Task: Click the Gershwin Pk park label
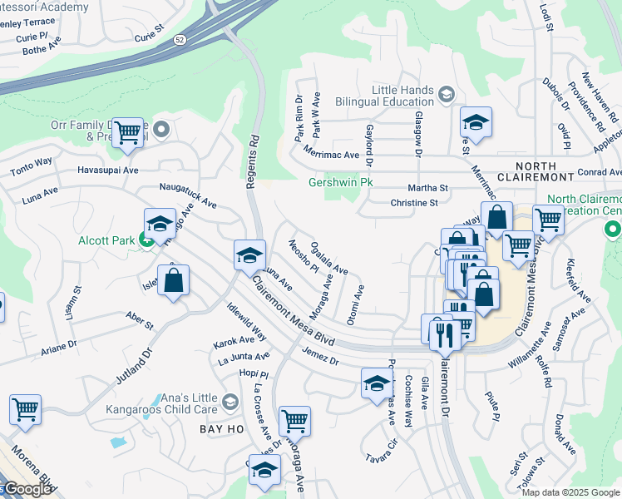pos(340,182)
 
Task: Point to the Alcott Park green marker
pos(146,241)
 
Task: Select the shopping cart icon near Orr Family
pos(126,132)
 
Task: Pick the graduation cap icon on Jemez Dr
pos(377,383)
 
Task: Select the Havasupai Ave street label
pos(108,170)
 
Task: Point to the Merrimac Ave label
pos(331,155)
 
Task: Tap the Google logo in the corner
pos(27,490)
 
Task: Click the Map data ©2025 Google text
pos(570,492)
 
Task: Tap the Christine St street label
pos(414,203)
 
